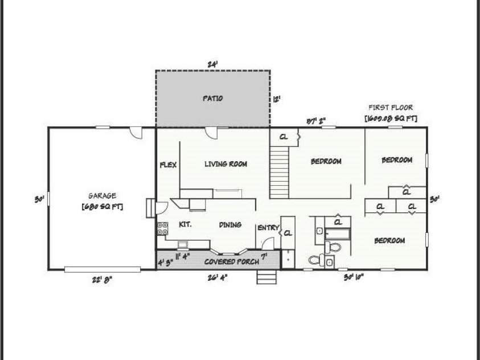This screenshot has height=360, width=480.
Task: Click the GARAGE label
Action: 102,196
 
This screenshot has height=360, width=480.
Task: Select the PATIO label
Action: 212,99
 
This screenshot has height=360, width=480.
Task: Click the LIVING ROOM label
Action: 225,164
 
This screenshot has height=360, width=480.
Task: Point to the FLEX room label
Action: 168,165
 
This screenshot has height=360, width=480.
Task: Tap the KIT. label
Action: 185,224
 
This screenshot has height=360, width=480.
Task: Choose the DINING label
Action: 230,225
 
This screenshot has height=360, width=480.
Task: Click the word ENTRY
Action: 268,228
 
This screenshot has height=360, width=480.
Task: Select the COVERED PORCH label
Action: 232,261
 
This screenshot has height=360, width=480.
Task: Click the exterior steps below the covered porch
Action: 266,277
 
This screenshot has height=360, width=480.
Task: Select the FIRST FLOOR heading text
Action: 391,107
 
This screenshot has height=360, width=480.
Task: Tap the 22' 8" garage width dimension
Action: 102,279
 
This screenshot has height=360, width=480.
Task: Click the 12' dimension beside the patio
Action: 277,99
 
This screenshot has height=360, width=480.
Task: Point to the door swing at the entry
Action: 272,242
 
